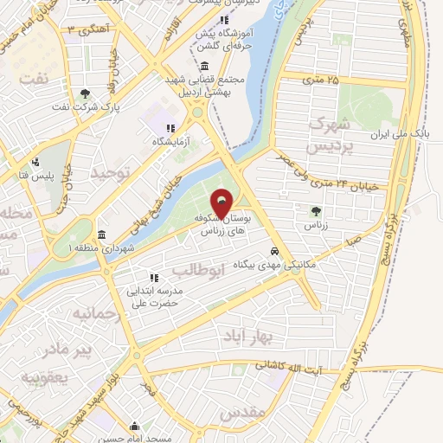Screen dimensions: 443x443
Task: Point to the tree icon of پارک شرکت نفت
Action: click(x=84, y=94)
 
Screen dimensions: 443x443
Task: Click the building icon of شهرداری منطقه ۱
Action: click(x=101, y=235)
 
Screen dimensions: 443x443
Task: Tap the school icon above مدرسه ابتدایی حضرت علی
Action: click(x=154, y=279)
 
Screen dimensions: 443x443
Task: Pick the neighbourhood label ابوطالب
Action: click(x=228, y=271)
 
